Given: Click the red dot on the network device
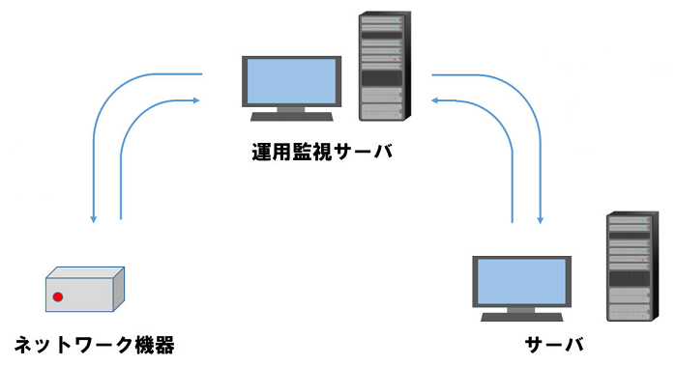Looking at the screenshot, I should click(x=58, y=296).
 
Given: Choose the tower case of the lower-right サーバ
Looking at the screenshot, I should click(x=628, y=267).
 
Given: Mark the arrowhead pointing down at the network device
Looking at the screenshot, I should click(x=93, y=218).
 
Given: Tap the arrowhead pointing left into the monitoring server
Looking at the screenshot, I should click(x=437, y=98).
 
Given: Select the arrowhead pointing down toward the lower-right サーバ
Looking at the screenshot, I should click(x=540, y=217).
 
